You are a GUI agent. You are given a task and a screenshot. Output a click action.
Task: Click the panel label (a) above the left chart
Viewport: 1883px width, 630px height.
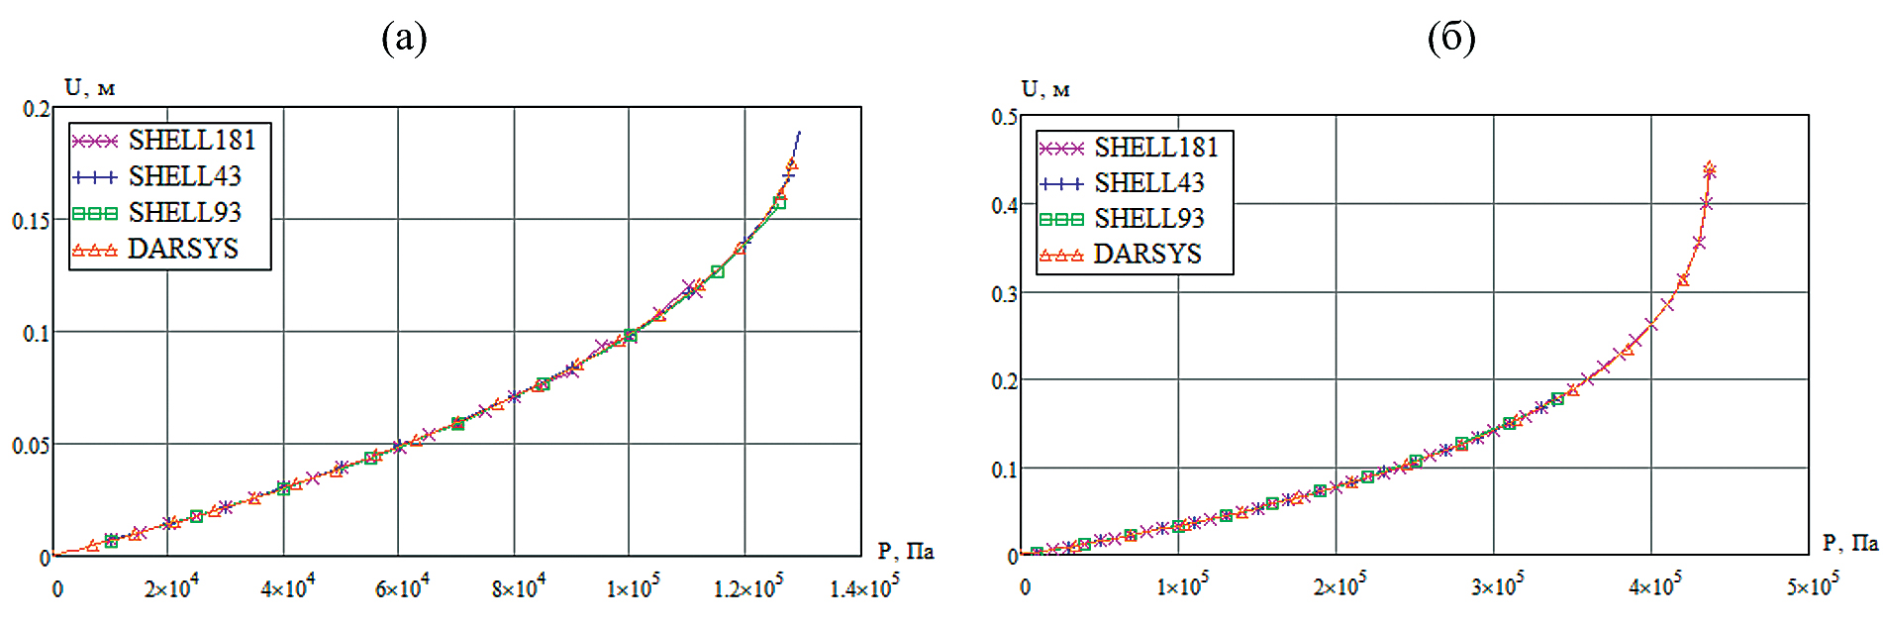404,39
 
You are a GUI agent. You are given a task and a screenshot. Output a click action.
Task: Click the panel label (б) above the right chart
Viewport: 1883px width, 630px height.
1451,39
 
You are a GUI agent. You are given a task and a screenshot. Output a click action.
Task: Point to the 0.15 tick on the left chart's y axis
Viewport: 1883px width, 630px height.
31,221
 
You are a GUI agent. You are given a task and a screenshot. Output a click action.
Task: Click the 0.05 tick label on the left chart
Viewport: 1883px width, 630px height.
31,446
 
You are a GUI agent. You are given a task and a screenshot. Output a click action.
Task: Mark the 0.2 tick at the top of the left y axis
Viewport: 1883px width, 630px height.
37,109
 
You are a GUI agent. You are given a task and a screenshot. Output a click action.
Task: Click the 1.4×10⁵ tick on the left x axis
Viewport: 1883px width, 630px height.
864,587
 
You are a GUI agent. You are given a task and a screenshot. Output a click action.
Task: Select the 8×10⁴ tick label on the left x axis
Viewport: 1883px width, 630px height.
518,587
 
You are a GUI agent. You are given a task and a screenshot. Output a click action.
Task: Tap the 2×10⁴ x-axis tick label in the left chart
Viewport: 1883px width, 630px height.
171,587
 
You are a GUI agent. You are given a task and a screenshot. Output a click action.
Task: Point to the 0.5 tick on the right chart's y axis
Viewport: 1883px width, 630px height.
1004,117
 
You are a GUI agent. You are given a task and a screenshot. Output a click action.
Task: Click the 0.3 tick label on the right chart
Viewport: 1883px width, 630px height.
1004,294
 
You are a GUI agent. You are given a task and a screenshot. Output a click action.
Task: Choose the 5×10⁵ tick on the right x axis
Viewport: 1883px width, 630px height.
1813,585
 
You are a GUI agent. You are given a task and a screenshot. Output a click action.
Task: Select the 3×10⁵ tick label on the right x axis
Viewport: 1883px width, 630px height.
1497,585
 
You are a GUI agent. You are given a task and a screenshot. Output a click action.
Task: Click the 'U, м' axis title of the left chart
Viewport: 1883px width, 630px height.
89,88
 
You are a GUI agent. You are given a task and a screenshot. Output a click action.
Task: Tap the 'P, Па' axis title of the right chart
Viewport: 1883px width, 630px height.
1849,543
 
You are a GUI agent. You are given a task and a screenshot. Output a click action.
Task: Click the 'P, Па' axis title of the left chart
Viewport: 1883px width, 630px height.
905,551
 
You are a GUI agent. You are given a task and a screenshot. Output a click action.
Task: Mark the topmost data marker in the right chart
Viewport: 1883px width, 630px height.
1709,169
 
